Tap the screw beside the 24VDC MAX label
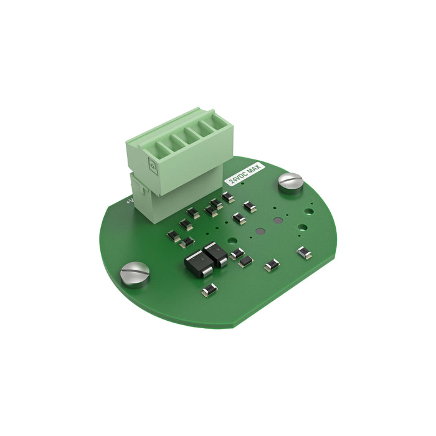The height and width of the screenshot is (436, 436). [290, 181]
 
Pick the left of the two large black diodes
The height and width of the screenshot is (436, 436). [197, 262]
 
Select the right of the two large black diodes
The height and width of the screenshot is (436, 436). [216, 254]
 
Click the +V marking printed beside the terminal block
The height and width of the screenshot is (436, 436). [128, 201]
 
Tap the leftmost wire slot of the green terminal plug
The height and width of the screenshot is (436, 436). [149, 148]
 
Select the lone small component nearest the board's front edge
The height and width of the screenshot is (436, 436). [209, 289]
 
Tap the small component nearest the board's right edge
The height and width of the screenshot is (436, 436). [304, 252]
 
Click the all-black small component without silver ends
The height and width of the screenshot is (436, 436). [245, 260]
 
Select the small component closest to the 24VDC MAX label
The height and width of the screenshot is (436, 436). [228, 197]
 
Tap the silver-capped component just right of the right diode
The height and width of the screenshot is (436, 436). [237, 253]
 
